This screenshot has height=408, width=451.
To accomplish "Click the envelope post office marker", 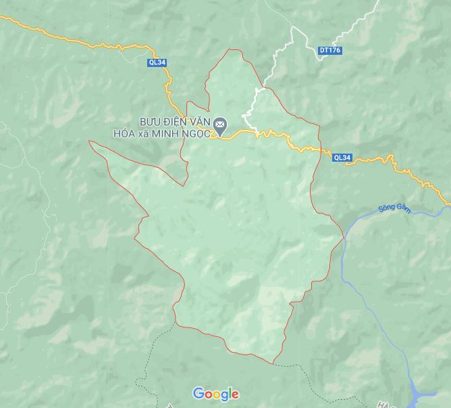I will [220, 124].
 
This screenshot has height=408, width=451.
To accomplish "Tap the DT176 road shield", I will [329, 50].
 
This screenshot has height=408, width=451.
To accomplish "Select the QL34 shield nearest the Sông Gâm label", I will [342, 158].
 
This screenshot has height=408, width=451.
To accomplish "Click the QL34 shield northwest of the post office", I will [157, 63].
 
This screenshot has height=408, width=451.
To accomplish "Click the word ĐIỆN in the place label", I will [178, 120].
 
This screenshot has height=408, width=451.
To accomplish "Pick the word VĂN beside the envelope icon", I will [201, 120].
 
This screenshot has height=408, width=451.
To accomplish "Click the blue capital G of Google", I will [198, 393].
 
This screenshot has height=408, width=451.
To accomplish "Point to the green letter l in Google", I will [228, 392].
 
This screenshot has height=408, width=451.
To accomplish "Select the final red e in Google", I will [234, 394].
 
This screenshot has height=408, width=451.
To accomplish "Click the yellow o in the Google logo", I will [214, 394].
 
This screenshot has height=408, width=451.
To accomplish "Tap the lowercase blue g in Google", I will [222, 396].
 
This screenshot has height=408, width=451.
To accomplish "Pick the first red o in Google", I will [207, 394].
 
